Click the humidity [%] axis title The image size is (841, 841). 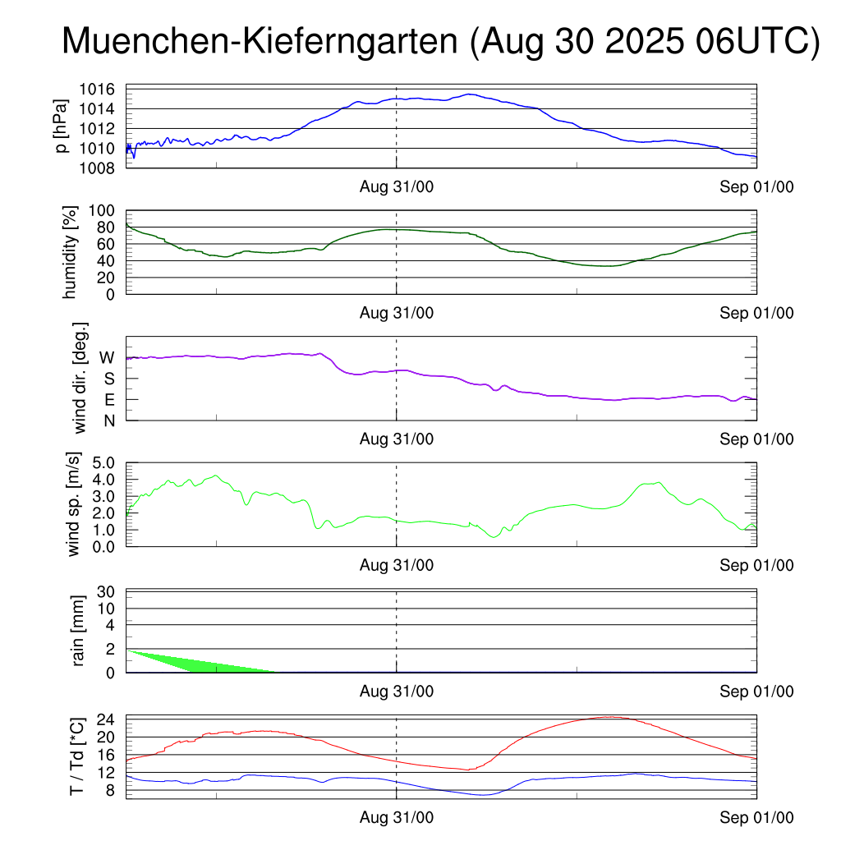click(x=71, y=253)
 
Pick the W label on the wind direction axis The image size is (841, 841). click(x=107, y=357)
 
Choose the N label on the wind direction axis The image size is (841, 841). click(x=108, y=420)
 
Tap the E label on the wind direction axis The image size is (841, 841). click(x=108, y=399)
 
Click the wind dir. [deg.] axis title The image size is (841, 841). click(x=80, y=378)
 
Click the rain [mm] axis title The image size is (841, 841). click(x=79, y=631)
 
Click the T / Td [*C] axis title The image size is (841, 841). click(x=76, y=756)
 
